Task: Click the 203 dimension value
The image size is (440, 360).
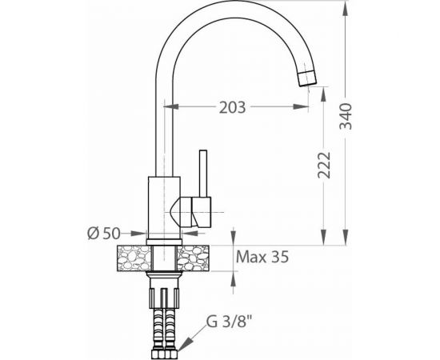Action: pos(232,107)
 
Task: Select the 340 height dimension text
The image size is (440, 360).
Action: pos(346,116)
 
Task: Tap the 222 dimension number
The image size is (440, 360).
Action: pos(324,166)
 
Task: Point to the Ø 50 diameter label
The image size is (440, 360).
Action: pos(104,234)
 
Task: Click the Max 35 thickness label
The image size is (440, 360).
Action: pos(262,257)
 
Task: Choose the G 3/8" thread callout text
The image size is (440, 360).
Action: pos(228,322)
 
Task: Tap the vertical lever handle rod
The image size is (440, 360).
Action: pos(203,174)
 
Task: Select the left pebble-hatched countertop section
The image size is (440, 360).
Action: pos(134,258)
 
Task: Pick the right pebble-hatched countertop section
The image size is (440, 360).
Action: pos(193,258)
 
